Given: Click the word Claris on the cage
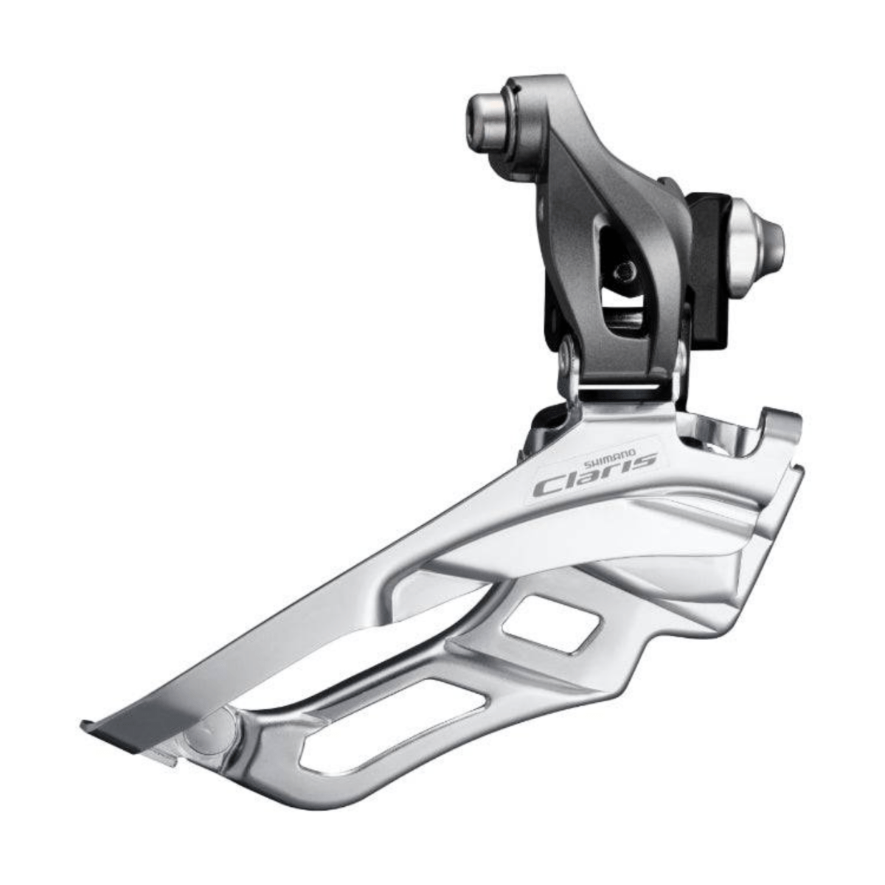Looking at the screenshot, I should click(594, 476).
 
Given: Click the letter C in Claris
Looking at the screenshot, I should click(549, 488).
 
